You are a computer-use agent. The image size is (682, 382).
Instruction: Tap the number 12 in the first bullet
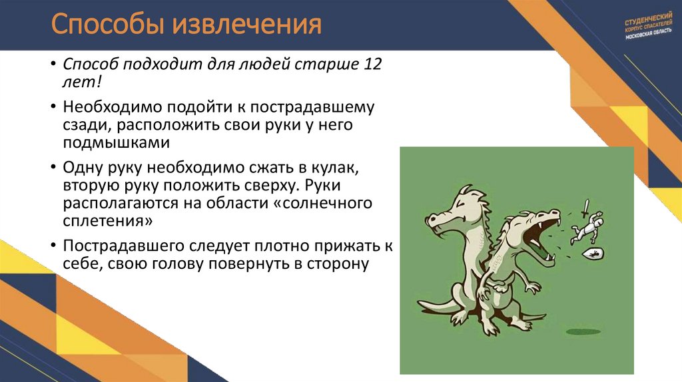click(374, 65)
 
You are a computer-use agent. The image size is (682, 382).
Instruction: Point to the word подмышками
click(117, 142)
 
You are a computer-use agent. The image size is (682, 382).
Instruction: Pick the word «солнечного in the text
click(323, 202)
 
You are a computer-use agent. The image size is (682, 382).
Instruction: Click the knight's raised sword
click(585, 208)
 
